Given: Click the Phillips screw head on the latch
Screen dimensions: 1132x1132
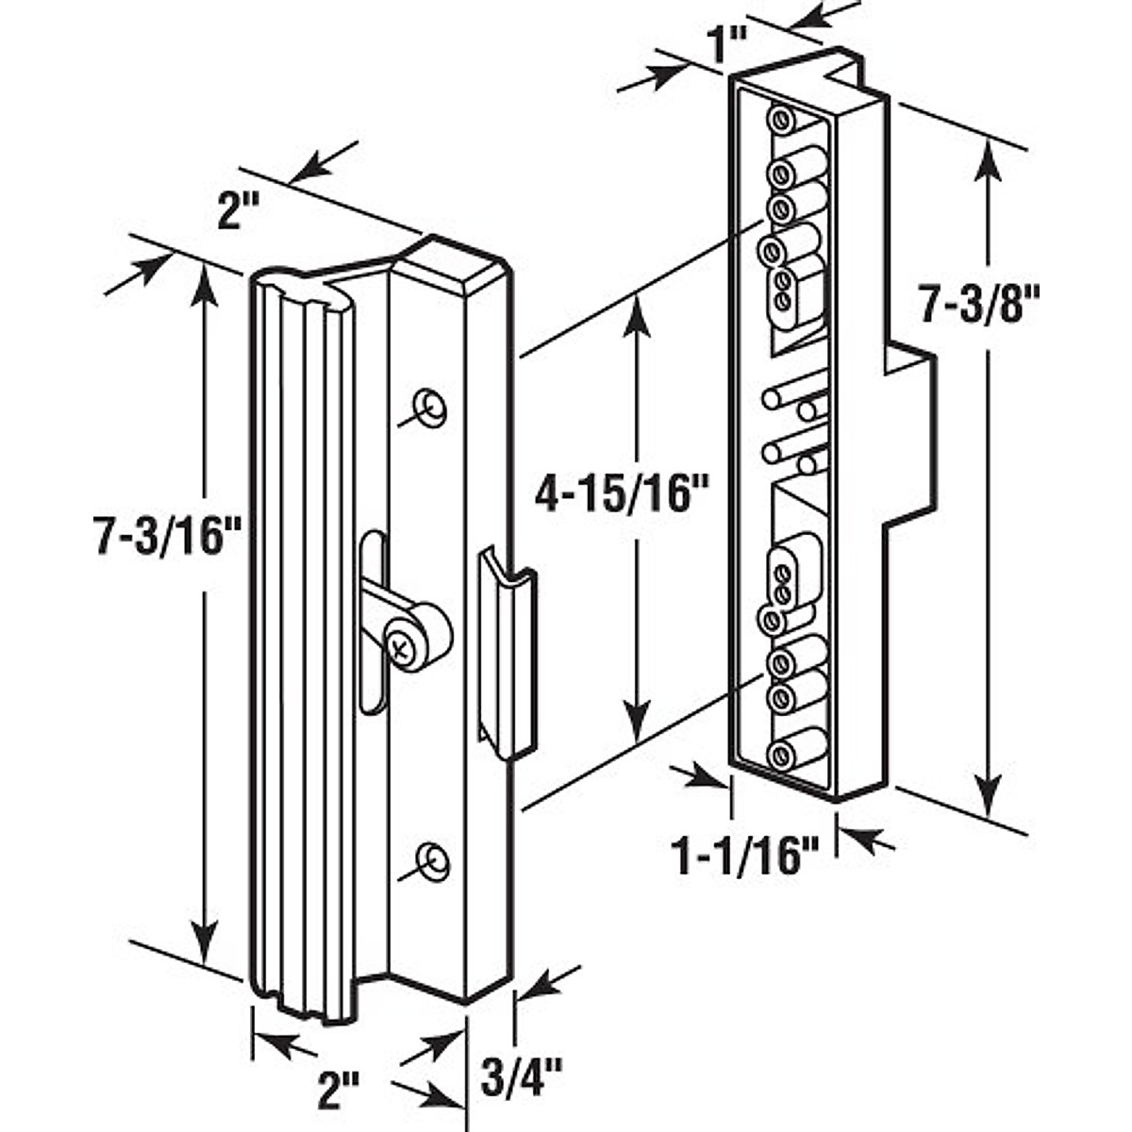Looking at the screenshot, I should tap(400, 648).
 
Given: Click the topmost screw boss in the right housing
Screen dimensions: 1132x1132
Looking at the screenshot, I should tap(780, 120).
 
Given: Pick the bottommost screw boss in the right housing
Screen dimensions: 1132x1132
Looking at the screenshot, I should tap(779, 755).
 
